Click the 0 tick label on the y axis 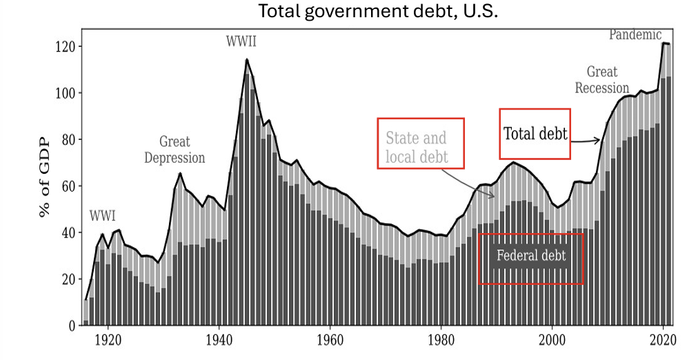[x=70, y=326]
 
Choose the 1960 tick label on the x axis [x=330, y=340]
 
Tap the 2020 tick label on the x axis [x=663, y=340]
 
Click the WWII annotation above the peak [x=241, y=41]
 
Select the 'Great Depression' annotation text [x=174, y=150]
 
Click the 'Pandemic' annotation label [x=635, y=34]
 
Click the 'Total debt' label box [x=535, y=134]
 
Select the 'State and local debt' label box [x=420, y=143]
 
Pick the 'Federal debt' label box [x=531, y=257]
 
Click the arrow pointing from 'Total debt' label [x=586, y=140]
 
